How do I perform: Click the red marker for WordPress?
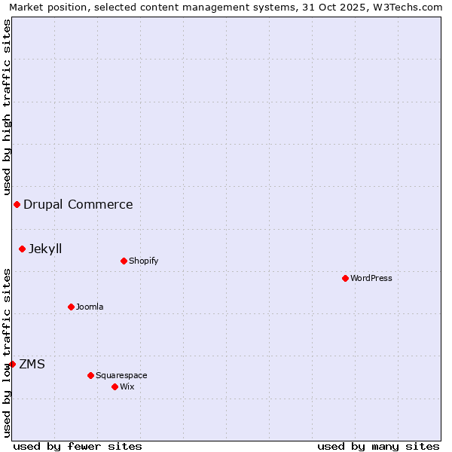345,278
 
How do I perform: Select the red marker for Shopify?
124,261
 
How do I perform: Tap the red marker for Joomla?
71,307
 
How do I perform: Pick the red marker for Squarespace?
90,375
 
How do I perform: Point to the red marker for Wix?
115,386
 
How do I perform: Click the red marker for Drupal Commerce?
17,204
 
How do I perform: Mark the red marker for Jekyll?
22,249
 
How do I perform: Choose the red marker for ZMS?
12,364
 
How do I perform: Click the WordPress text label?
371,278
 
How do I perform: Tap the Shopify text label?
143,261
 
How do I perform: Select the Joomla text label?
90,307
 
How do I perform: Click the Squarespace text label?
121,375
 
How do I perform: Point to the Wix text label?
127,386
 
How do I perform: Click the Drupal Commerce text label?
78,204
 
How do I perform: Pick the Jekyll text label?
45,249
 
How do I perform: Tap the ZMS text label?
32,364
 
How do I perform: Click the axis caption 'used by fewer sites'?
78,446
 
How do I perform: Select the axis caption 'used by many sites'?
378,446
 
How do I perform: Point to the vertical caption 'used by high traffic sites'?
7,108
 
